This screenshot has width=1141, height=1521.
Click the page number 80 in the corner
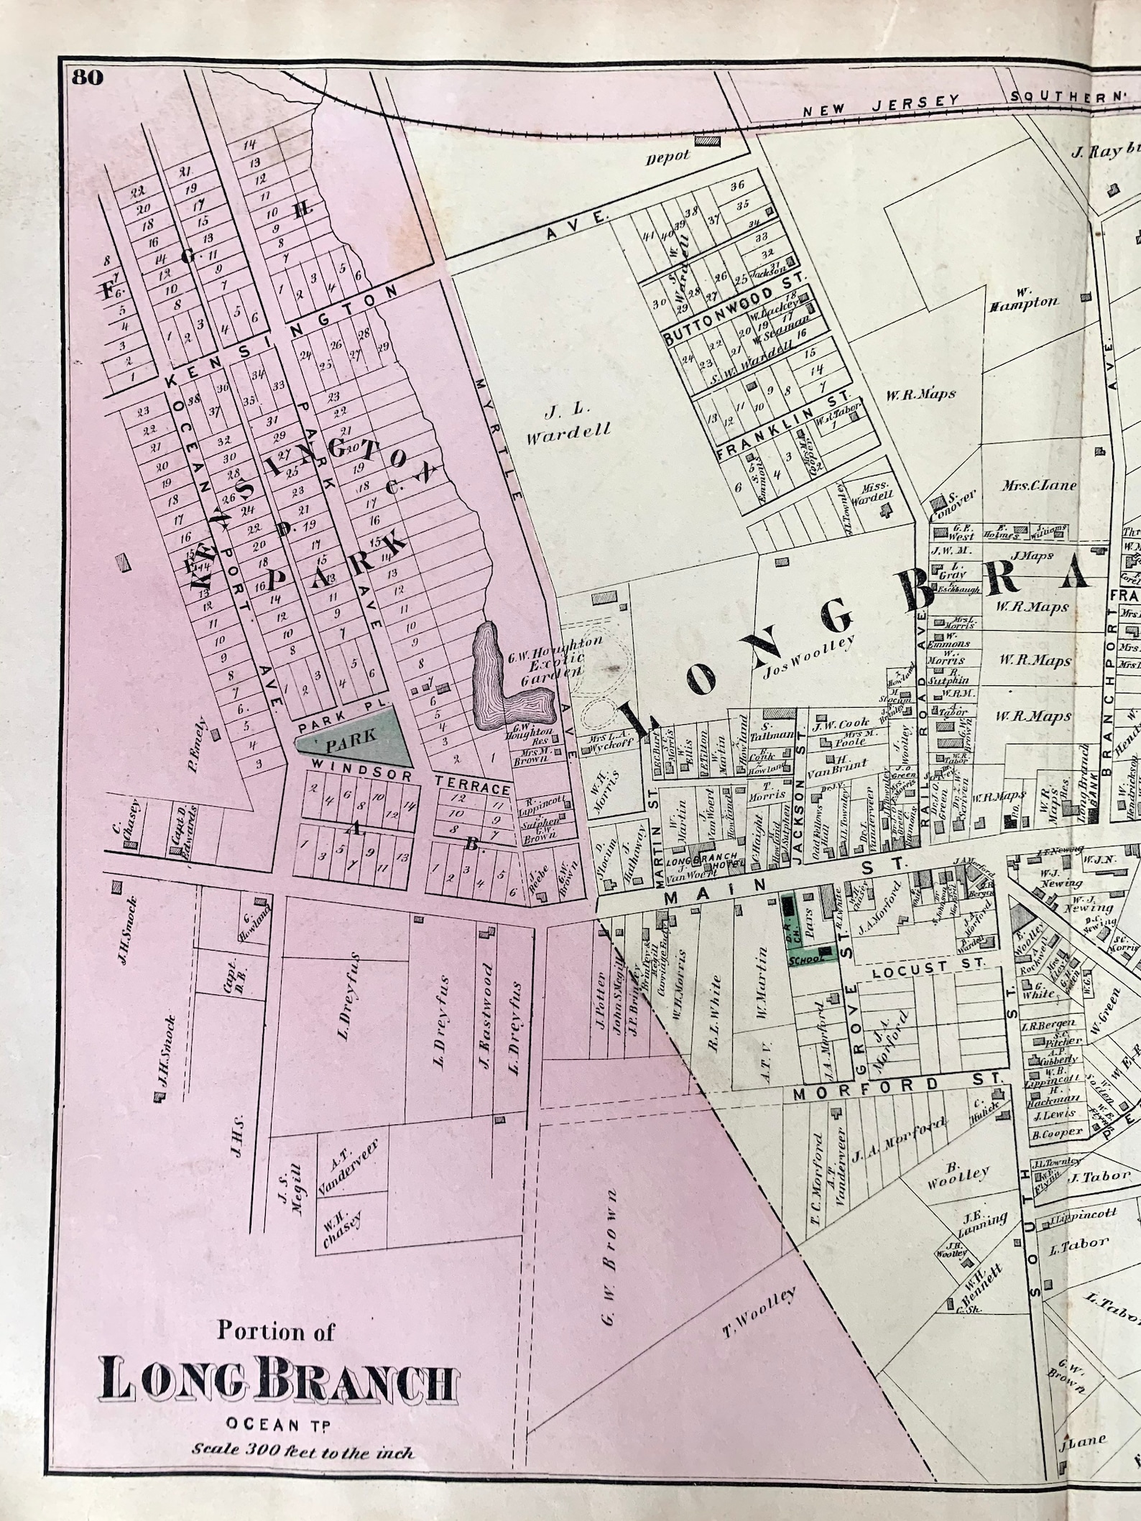point(87,78)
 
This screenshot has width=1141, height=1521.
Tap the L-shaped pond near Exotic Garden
point(503,678)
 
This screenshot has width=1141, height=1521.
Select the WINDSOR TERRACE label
point(406,781)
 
